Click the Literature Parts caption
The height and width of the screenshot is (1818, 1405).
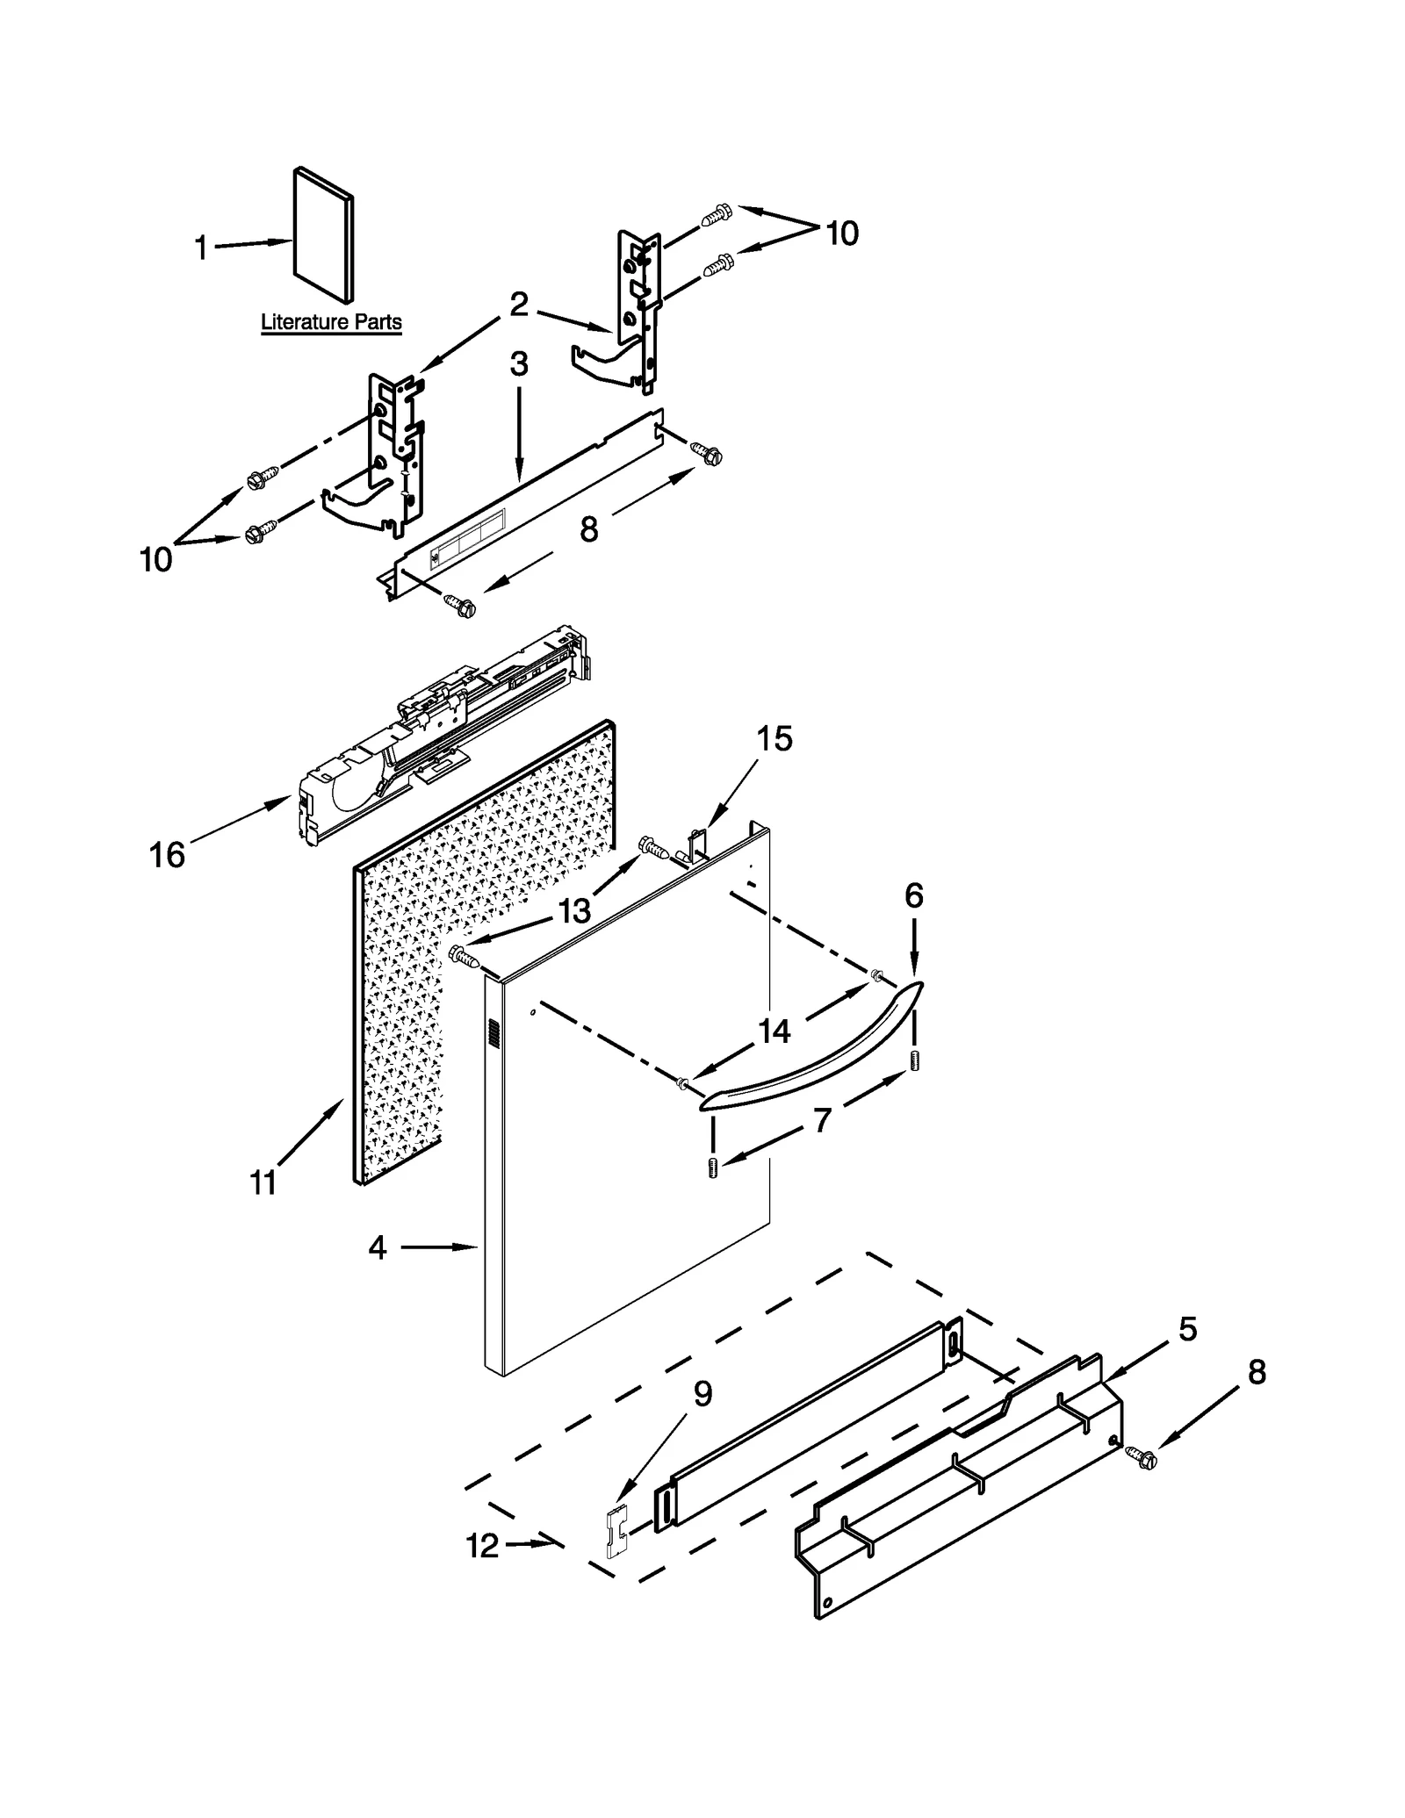(x=331, y=322)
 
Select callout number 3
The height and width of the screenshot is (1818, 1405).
(x=519, y=363)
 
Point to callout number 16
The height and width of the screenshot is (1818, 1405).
(x=167, y=853)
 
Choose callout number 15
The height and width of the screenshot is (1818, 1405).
(x=775, y=739)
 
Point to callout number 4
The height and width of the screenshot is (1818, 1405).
(x=378, y=1247)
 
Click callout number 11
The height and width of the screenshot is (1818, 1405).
(x=263, y=1183)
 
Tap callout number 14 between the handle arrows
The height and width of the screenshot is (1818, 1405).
(x=775, y=1031)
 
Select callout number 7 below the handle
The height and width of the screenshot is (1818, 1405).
(x=822, y=1120)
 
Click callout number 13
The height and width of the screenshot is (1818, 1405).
(x=574, y=911)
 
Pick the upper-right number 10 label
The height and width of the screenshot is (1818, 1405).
(x=841, y=234)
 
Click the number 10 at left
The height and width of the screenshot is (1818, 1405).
(x=156, y=559)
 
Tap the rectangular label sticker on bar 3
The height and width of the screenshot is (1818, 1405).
(x=467, y=542)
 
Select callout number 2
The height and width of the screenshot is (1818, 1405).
(x=519, y=305)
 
